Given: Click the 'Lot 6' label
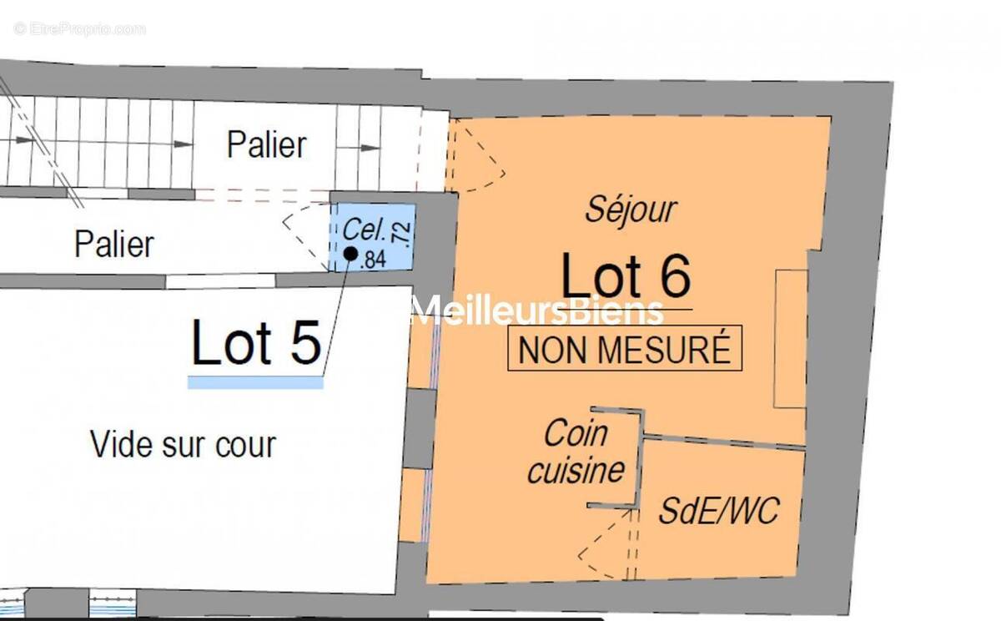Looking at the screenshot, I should coord(626,276).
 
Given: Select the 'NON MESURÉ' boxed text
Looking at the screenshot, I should coord(625,349).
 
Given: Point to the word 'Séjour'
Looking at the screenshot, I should coord(631,210).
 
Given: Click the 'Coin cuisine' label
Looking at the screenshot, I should coord(576,452).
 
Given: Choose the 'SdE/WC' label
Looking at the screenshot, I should coord(718,510).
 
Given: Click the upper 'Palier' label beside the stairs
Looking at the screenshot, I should coord(266,144).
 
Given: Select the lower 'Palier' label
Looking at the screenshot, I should coord(114,244).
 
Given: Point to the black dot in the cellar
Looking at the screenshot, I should coord(350,252).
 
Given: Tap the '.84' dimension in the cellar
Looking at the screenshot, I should coord(373,260).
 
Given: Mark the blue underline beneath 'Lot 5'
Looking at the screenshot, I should coord(255,382).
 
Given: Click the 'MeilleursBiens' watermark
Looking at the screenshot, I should coord(539,311).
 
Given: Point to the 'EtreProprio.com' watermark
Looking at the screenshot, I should coord(79,29).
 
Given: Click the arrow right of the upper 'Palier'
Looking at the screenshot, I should coord(361,148).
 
